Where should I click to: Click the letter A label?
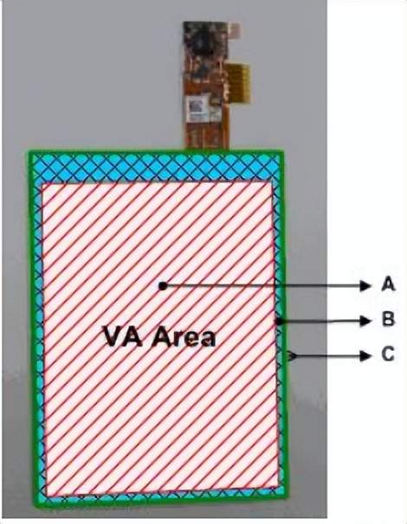point(388,284)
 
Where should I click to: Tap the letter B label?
point(388,320)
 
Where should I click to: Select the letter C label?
point(388,355)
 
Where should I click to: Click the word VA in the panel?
point(125,335)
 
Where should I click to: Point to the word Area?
point(184,337)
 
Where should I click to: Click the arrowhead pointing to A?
point(365,285)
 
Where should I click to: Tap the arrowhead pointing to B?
point(365,321)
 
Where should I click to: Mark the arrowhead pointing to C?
point(365,356)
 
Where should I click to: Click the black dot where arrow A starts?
point(163,286)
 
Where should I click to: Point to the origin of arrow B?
point(278,322)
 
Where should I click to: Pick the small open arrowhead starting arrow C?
point(292,356)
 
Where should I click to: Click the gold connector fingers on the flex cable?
point(239,83)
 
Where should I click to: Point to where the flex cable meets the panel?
point(207,150)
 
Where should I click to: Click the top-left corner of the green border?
point(29,152)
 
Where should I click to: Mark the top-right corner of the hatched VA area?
point(272,182)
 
